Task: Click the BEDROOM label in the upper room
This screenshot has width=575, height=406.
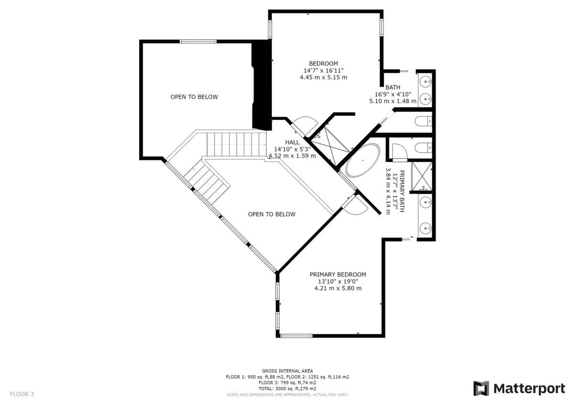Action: point(323,64)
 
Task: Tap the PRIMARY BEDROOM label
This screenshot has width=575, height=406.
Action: point(338,275)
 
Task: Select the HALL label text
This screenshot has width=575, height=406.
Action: point(292,142)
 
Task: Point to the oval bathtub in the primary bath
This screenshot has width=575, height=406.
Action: point(362,160)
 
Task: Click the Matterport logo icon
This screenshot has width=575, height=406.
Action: point(481,388)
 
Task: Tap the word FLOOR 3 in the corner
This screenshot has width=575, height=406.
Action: point(22,394)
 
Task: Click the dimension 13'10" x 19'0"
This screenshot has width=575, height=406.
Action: point(338,282)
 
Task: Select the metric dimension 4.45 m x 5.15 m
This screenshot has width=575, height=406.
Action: point(323,78)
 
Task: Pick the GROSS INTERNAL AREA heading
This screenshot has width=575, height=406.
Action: point(287,371)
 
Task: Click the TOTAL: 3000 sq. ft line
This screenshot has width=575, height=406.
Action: point(287,389)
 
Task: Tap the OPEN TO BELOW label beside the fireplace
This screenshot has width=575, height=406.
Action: point(194,97)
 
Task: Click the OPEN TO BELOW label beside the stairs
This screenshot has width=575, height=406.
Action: point(272,214)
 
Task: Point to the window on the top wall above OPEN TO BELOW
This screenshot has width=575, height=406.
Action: point(197,41)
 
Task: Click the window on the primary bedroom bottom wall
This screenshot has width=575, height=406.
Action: point(296,336)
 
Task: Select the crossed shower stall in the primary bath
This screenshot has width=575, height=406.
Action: point(422,176)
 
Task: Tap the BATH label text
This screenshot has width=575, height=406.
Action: point(393,88)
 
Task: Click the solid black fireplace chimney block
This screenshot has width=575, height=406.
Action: point(262,85)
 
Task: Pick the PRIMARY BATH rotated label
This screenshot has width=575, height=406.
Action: point(402,191)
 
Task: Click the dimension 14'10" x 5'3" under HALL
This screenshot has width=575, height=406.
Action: point(292,149)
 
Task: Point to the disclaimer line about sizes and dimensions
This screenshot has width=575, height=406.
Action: point(287,395)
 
